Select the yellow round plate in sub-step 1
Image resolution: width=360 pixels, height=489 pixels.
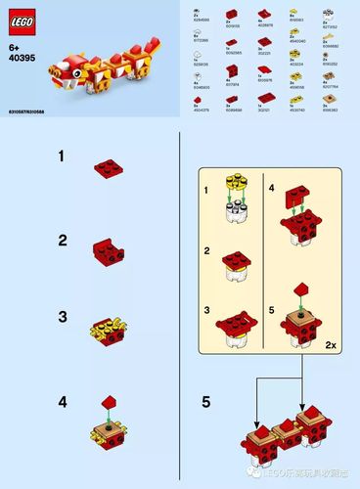pyautogui.click(x=235, y=182)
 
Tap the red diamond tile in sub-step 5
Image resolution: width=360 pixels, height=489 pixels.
pyautogui.click(x=300, y=287)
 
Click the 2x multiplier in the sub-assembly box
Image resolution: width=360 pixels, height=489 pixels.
pyautogui.click(x=334, y=345)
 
